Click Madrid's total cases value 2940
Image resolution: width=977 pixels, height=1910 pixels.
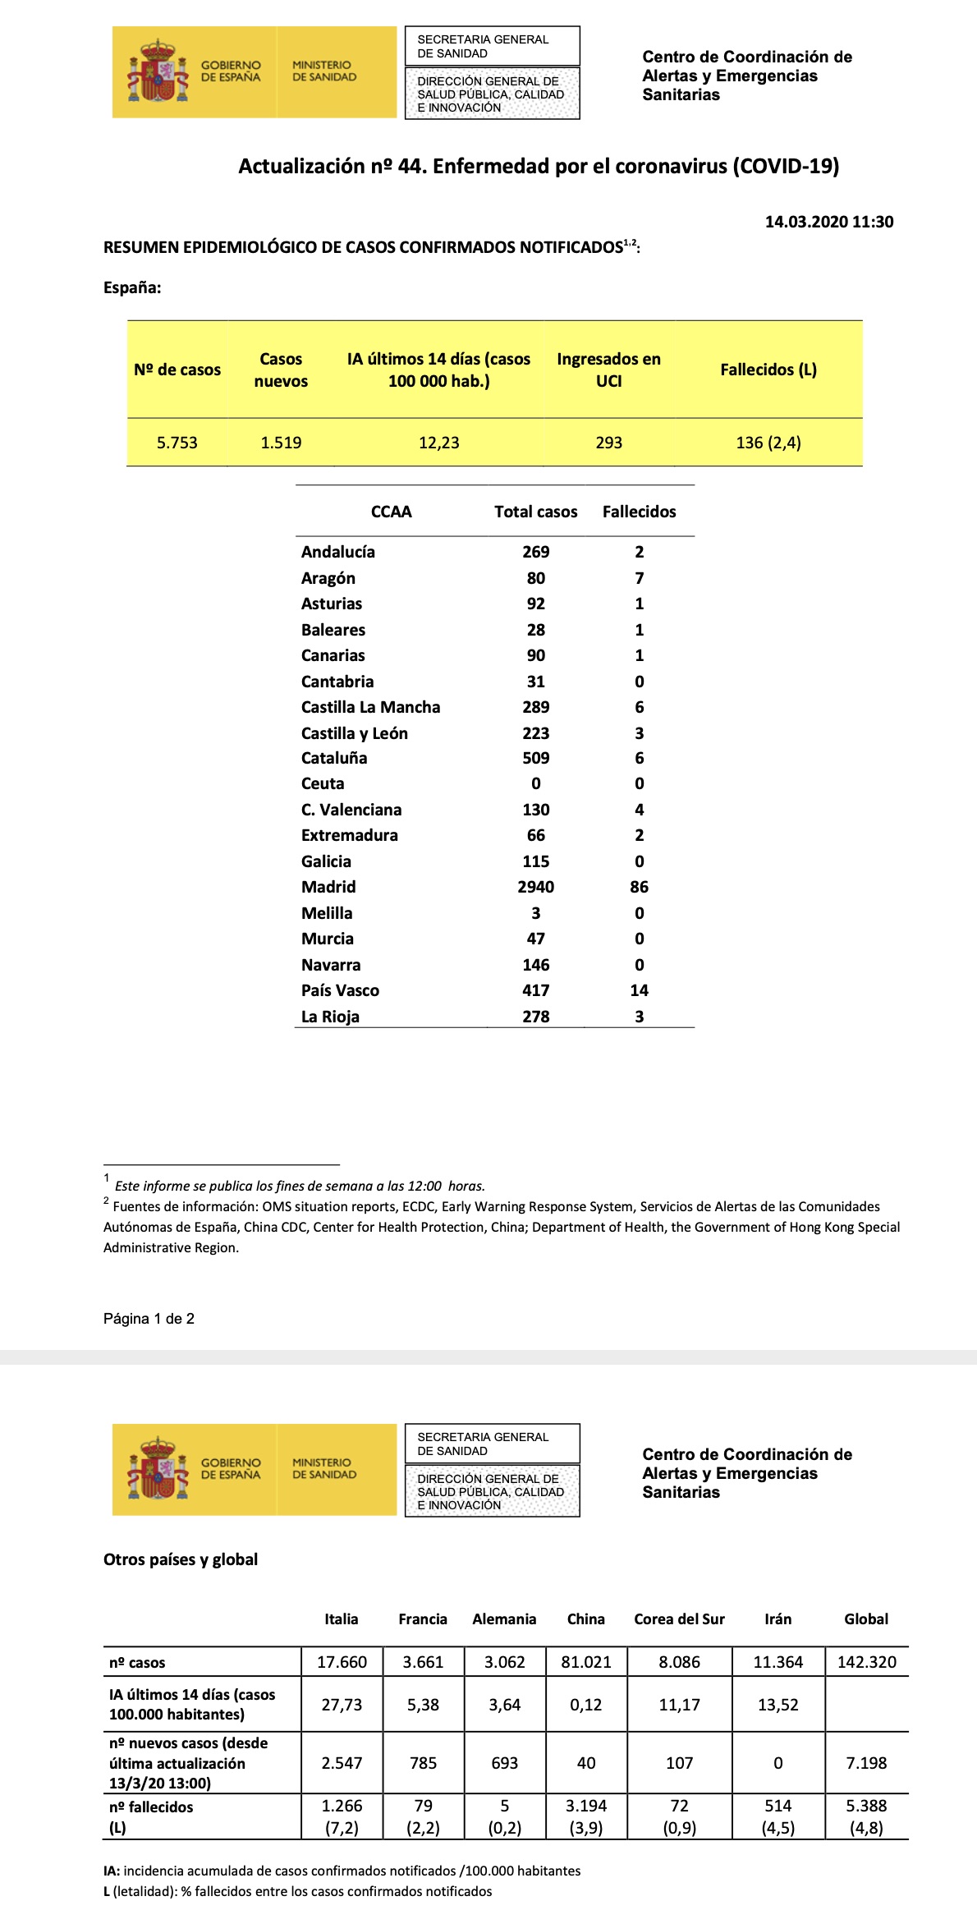(x=535, y=887)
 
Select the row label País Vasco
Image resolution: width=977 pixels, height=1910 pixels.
(x=340, y=990)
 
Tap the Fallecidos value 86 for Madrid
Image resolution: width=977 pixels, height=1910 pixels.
(x=639, y=887)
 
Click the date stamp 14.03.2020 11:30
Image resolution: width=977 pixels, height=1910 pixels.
(x=828, y=222)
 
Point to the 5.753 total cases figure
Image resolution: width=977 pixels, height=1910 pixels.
(x=177, y=443)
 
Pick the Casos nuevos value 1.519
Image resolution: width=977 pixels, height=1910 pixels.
(x=281, y=443)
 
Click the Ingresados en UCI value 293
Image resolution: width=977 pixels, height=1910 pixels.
(x=608, y=443)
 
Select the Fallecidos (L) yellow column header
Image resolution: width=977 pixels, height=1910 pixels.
(x=768, y=370)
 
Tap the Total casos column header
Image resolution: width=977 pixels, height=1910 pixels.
(x=535, y=512)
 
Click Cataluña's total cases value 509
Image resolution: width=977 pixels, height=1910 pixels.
(x=535, y=758)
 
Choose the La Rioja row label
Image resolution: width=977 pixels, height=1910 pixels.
(x=330, y=1017)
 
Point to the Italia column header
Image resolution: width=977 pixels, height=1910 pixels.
(x=341, y=1618)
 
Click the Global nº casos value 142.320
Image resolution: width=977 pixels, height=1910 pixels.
(x=866, y=1662)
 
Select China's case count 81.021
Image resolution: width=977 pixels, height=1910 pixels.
(x=585, y=1662)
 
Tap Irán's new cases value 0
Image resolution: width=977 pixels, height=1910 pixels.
(x=777, y=1763)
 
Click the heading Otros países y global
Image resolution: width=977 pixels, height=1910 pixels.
(x=181, y=1559)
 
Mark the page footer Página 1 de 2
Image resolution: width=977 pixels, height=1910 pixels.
(x=149, y=1319)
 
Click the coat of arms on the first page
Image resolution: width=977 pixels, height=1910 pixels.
(x=158, y=71)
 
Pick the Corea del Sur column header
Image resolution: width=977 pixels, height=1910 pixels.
(x=679, y=1618)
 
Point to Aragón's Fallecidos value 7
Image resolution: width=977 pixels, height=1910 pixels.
(x=639, y=578)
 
